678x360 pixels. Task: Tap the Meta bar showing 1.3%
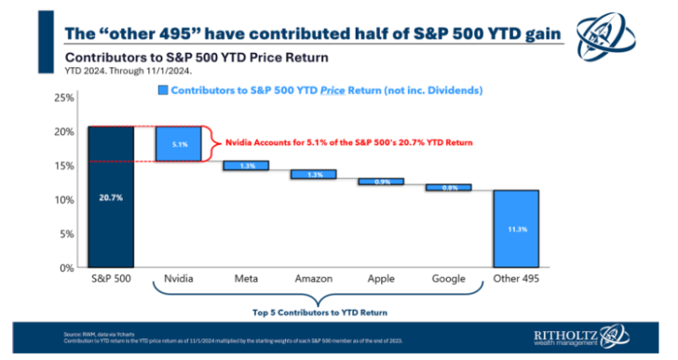pyautogui.click(x=245, y=166)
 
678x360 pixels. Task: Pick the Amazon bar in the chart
pyautogui.click(x=313, y=175)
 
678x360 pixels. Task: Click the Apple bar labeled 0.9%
pyautogui.click(x=380, y=182)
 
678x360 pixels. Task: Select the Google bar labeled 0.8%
pyautogui.click(x=448, y=187)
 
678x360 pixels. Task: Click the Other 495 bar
pyautogui.click(x=516, y=229)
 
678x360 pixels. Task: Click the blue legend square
pyautogui.click(x=162, y=90)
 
